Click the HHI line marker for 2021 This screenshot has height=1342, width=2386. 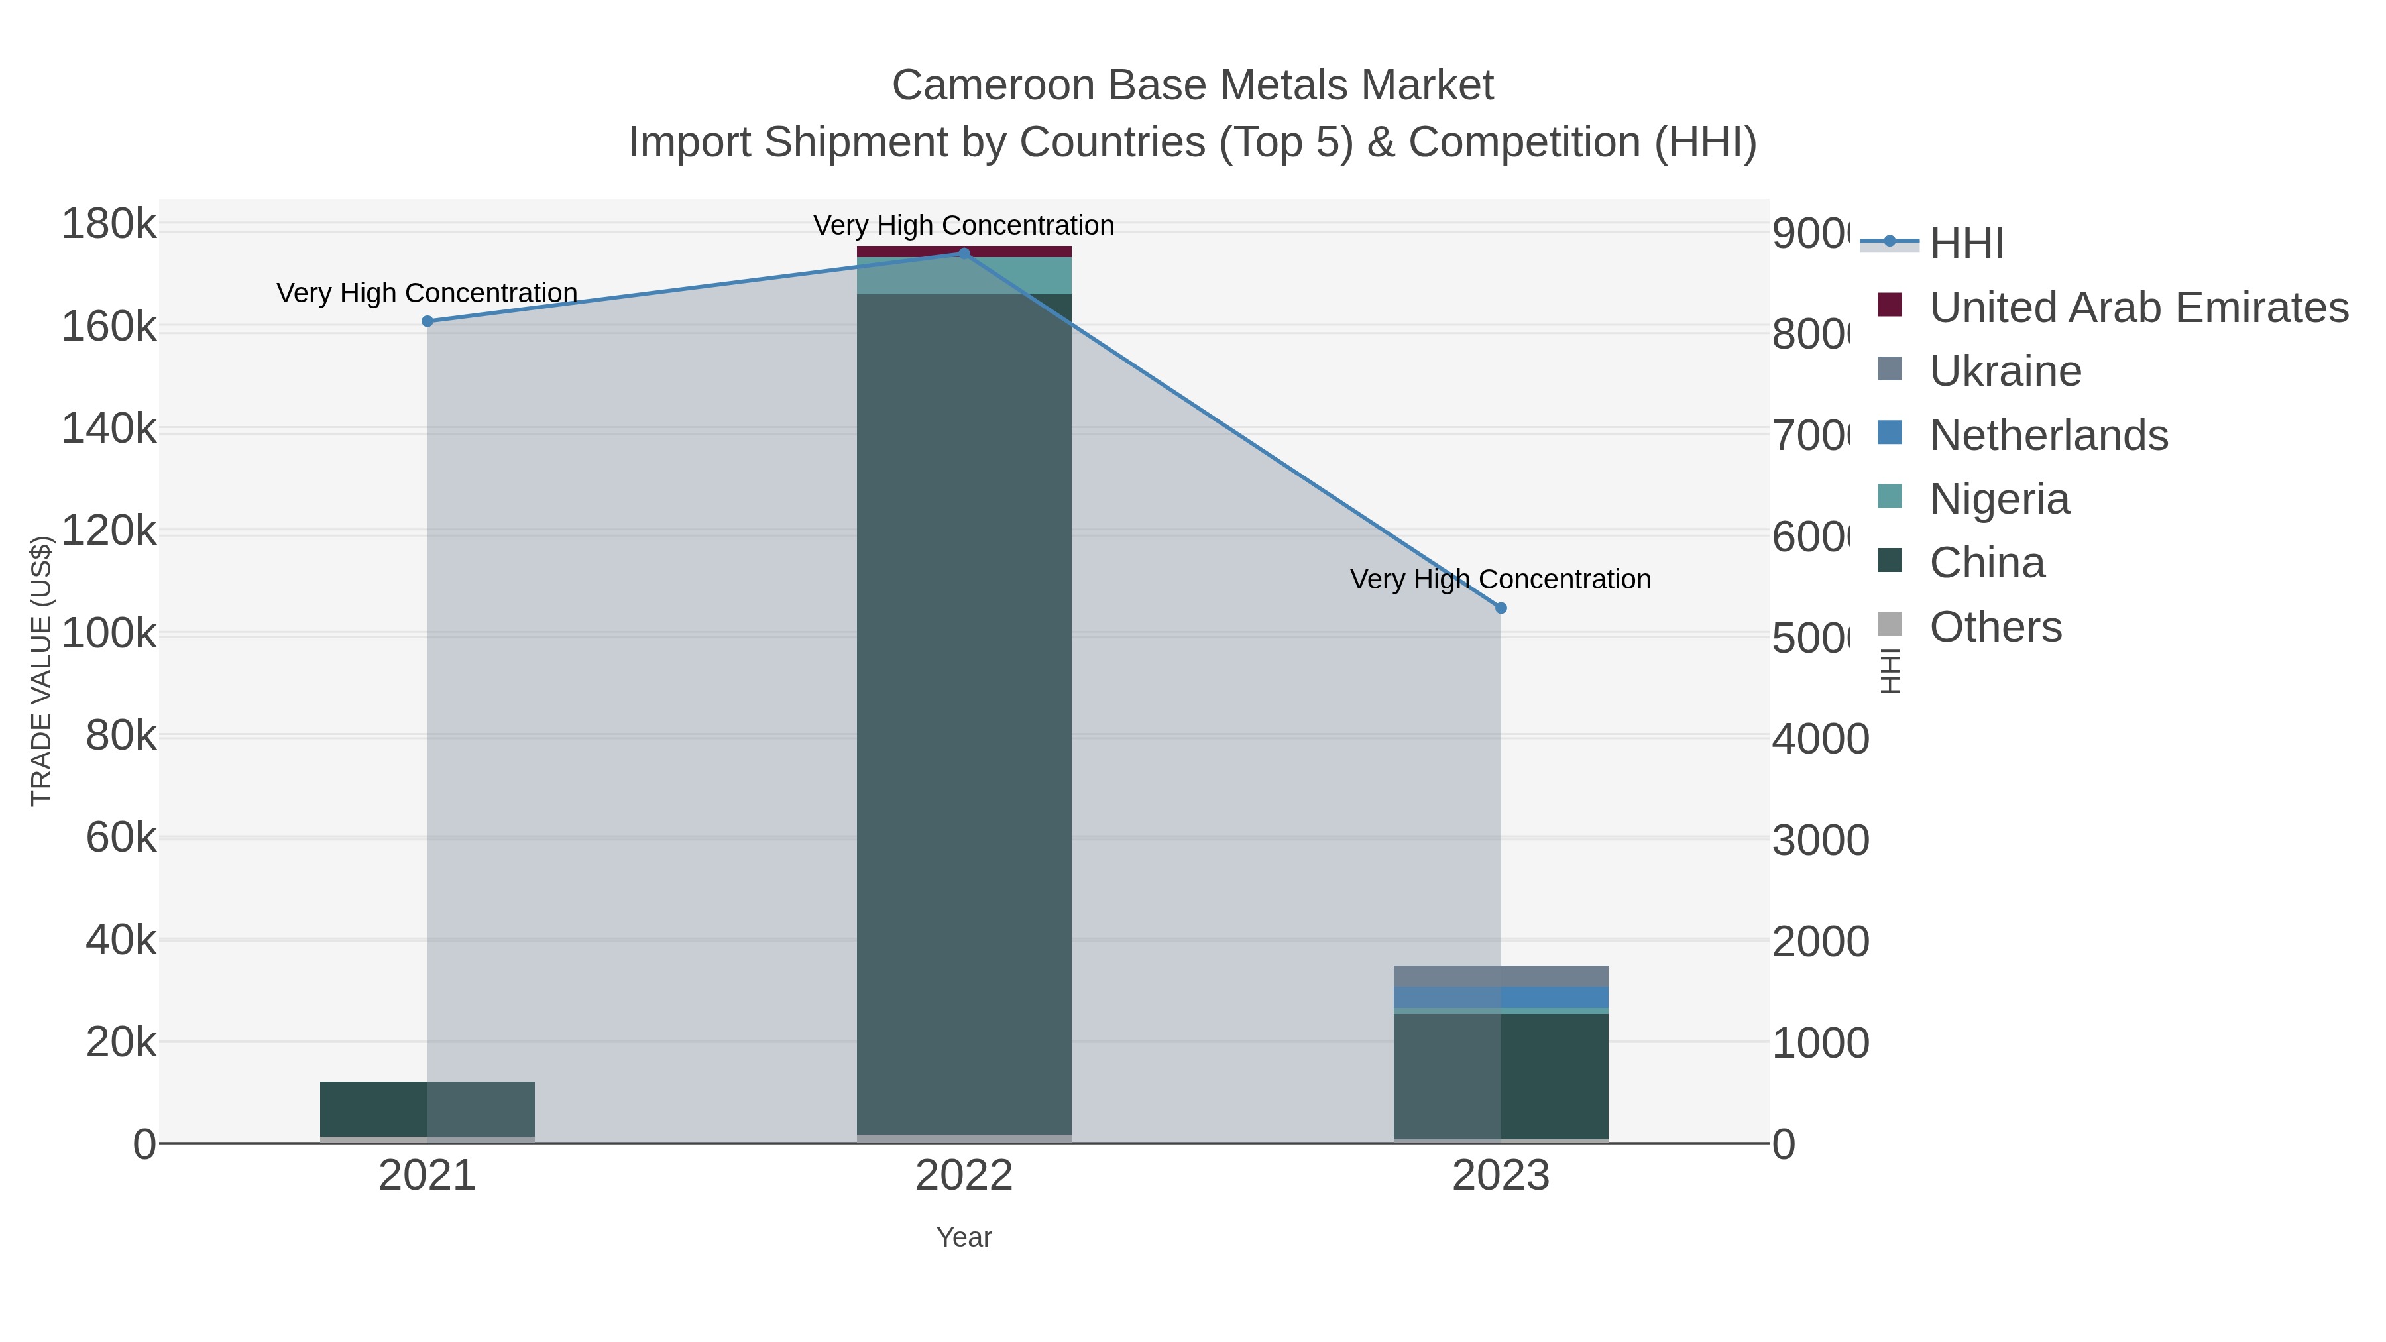coord(427,321)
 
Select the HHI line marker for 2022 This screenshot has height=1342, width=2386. coord(963,254)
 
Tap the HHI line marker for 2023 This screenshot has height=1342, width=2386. coord(1501,608)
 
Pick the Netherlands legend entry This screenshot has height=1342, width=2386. coord(2048,435)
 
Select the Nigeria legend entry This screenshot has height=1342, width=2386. coord(1999,499)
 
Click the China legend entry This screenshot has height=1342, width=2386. coord(1987,563)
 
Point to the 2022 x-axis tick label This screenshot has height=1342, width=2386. coord(963,1176)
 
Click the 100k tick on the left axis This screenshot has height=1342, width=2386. coord(109,634)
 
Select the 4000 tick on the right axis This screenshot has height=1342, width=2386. coord(1820,739)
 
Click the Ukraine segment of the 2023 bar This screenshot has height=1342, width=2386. coord(1501,976)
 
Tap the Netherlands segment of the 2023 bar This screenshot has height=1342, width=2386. coord(1501,997)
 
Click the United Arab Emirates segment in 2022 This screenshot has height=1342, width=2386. coord(963,252)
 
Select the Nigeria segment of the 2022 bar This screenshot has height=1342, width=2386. coord(963,276)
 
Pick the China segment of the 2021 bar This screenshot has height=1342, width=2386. coord(427,1109)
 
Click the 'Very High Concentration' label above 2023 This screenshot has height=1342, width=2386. coord(1500,580)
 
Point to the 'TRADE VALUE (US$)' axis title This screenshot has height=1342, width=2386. coord(42,671)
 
